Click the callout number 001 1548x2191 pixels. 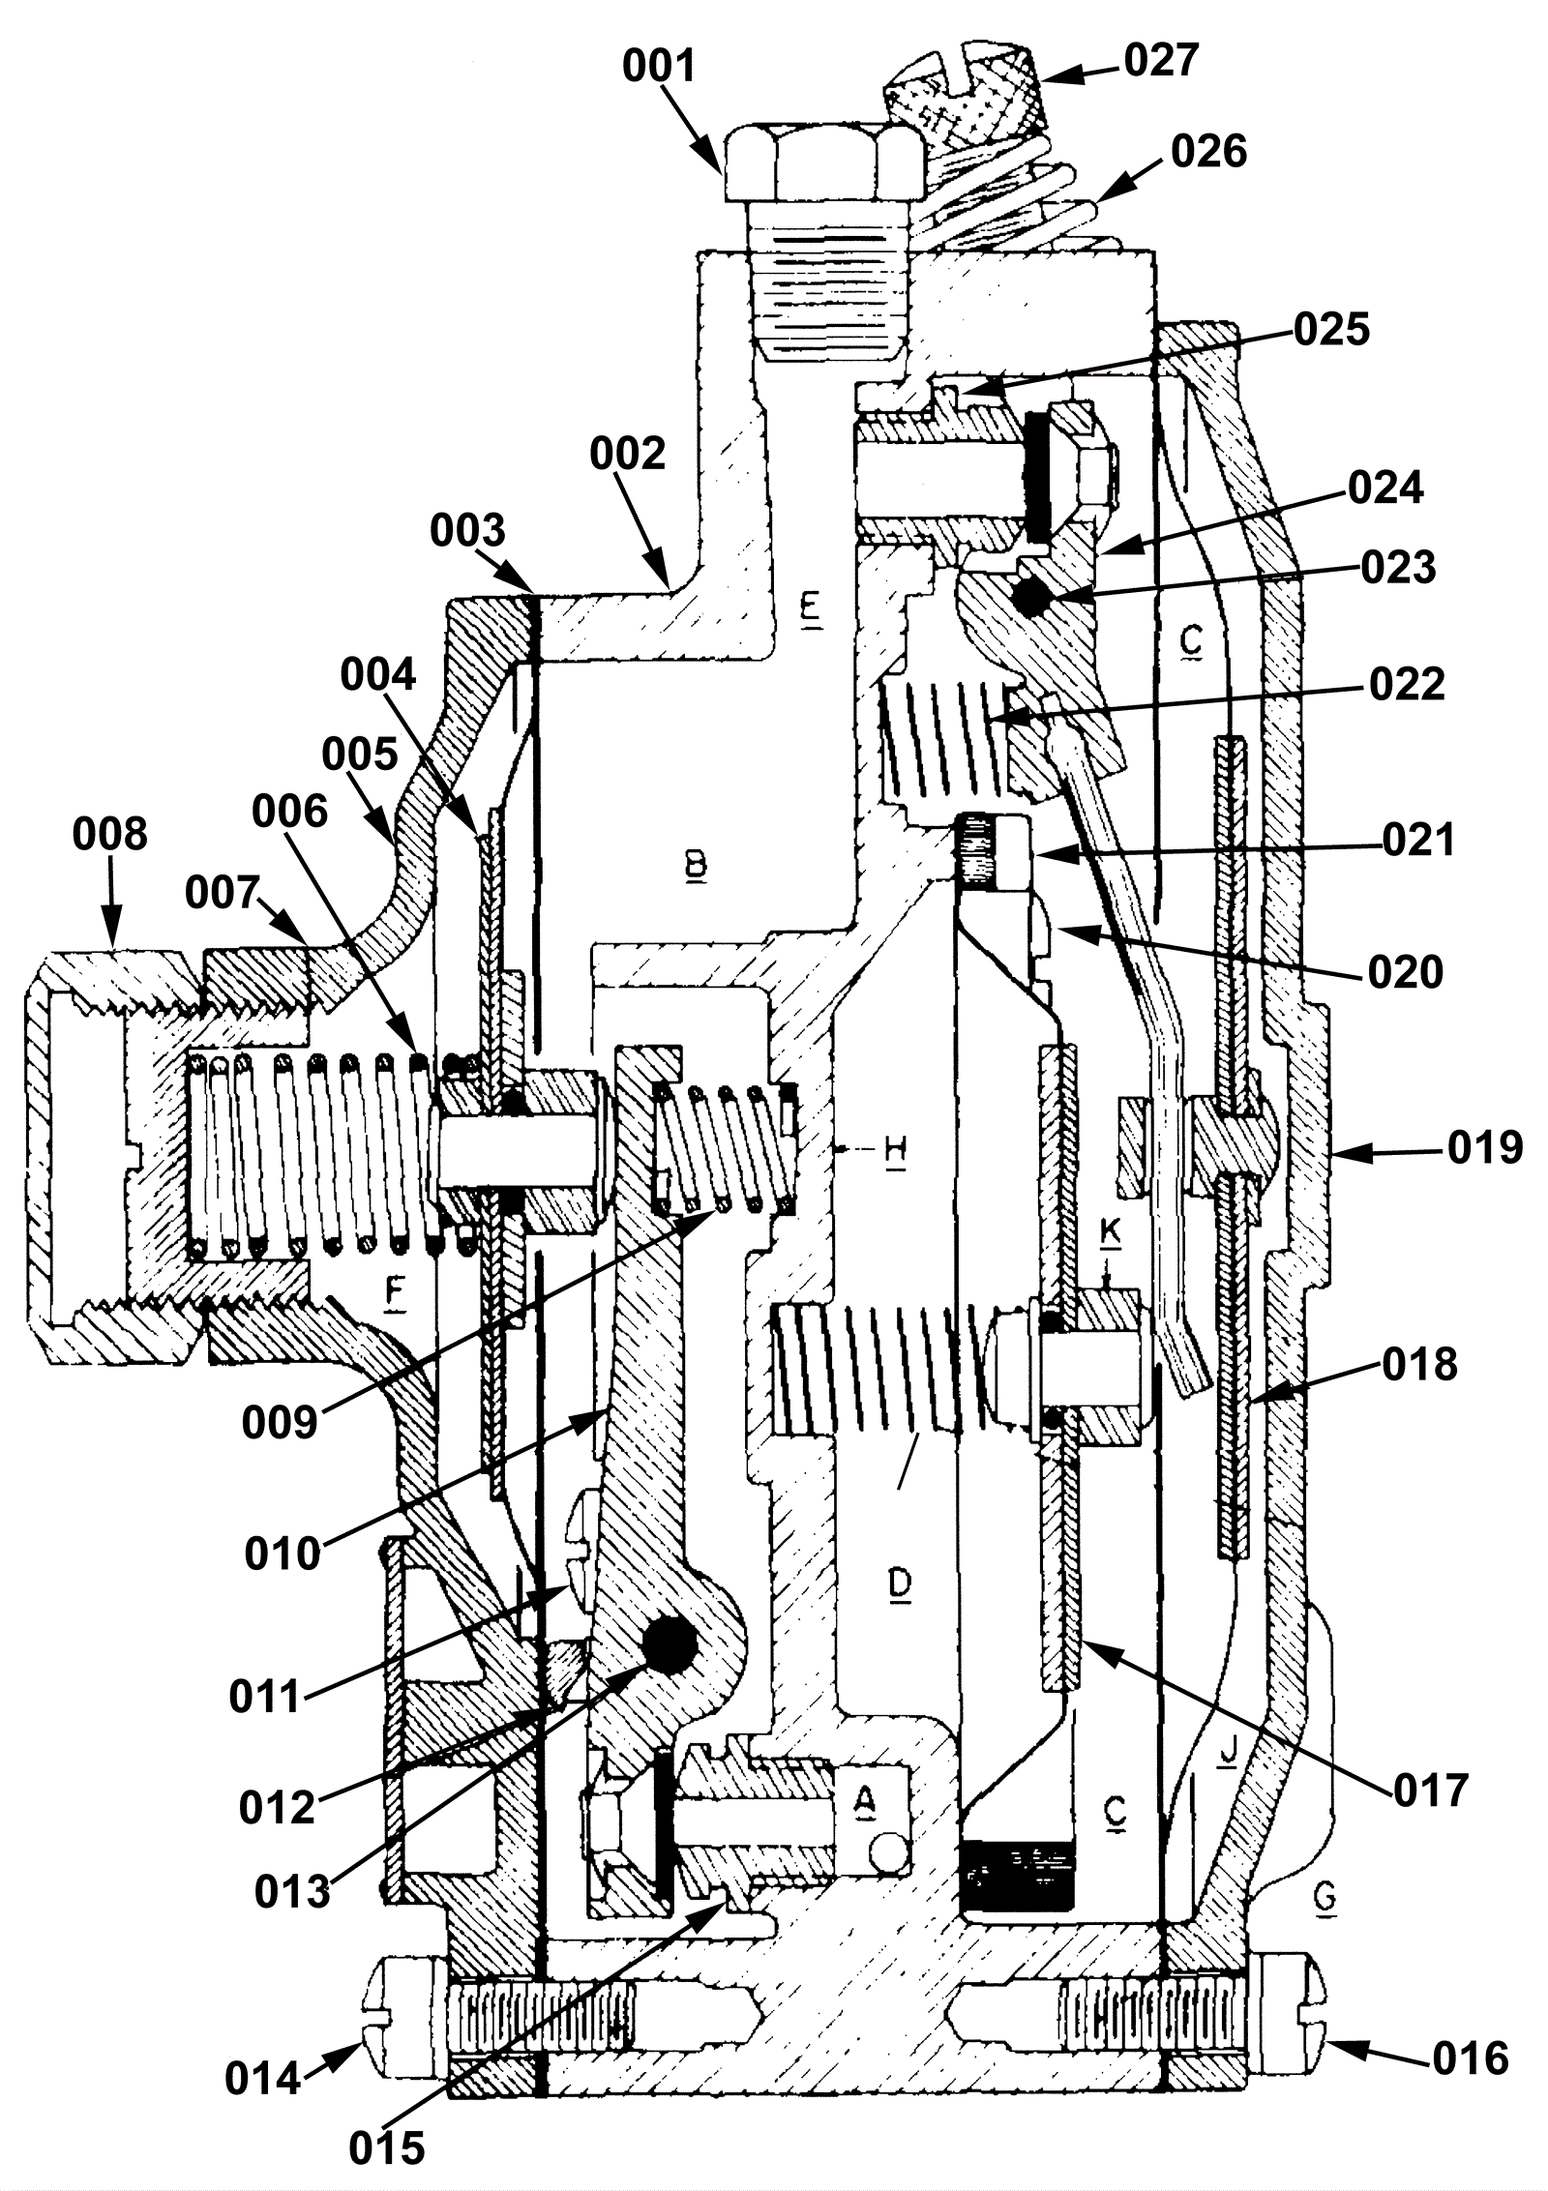click(x=661, y=68)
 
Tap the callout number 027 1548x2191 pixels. click(x=1161, y=60)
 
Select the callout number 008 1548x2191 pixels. click(x=110, y=834)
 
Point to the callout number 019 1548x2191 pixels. click(x=1485, y=1147)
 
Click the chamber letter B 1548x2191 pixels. click(x=696, y=866)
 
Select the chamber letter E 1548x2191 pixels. click(x=811, y=613)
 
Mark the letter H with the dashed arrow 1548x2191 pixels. click(x=896, y=1153)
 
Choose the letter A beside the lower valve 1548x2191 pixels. click(x=865, y=1798)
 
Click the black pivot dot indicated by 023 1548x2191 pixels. click(x=1031, y=601)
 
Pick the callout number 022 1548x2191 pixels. click(x=1406, y=685)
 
